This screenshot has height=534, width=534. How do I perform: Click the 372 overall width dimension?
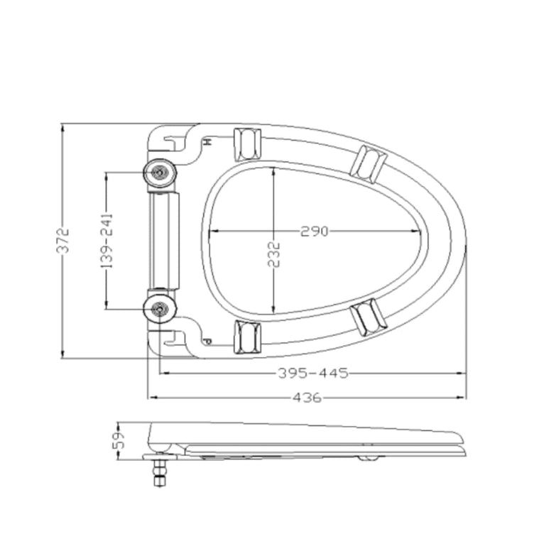[x=62, y=241]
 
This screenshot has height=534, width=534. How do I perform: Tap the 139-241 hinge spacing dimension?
[x=107, y=241]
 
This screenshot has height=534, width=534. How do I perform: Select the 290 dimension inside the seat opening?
[x=315, y=231]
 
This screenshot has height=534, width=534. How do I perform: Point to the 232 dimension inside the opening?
[x=273, y=254]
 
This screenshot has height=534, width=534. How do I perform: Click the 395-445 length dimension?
[x=313, y=374]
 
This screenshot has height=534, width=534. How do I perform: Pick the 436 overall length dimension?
[x=307, y=398]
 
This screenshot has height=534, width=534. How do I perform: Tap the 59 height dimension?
[x=119, y=441]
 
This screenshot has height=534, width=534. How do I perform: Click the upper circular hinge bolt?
[x=160, y=173]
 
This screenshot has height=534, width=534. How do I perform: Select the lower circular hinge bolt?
[x=160, y=309]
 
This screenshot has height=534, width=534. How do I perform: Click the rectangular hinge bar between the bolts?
[x=164, y=241]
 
